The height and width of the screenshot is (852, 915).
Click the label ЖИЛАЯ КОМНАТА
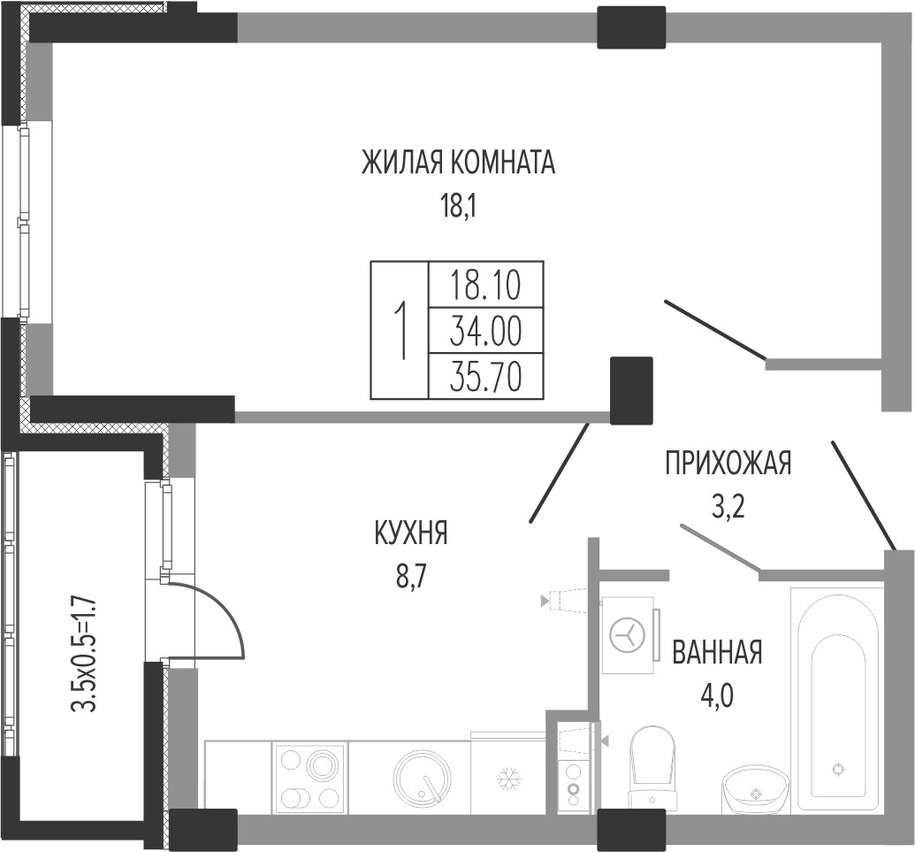tap(458, 162)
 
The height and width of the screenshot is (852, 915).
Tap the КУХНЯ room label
tap(411, 533)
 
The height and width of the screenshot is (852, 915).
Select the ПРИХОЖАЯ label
tap(728, 463)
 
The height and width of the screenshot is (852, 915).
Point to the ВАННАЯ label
tap(717, 652)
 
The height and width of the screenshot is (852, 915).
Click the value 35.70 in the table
tap(485, 377)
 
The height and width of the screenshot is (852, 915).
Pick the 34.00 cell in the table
tap(485, 331)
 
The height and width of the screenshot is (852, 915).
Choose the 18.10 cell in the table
tap(485, 286)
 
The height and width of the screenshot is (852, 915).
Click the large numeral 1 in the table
tap(400, 331)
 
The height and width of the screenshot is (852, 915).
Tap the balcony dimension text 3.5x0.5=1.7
tap(83, 654)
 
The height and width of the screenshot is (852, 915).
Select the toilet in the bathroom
tap(652, 769)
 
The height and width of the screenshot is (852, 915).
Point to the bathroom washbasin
tap(755, 789)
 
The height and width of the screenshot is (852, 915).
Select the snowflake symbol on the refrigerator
tap(509, 779)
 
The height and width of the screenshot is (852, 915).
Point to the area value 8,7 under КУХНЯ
tap(412, 578)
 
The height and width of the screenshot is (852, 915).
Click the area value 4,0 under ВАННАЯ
tap(717, 696)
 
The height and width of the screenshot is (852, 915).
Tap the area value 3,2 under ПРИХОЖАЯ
tap(728, 507)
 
